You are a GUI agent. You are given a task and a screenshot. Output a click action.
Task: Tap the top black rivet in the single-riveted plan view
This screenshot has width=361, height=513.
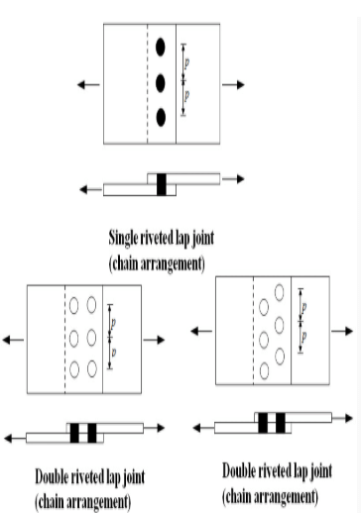[161, 48]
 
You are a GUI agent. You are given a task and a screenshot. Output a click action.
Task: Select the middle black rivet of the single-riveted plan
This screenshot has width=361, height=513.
[161, 83]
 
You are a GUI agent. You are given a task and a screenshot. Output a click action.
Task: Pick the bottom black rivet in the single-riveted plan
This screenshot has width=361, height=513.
[161, 118]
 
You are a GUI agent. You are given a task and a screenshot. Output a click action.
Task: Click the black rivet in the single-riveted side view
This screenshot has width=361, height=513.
[162, 184]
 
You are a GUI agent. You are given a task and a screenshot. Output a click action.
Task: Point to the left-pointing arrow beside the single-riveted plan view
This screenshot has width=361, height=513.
[88, 85]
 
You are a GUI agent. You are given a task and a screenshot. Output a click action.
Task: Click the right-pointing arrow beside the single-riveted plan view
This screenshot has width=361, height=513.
[233, 85]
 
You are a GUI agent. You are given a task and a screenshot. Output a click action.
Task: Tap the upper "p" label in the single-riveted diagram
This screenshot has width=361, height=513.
[186, 62]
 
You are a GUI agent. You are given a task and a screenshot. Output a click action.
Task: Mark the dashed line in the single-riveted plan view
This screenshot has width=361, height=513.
[148, 83]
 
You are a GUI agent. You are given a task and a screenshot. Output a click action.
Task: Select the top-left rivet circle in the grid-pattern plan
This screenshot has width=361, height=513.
[74, 305]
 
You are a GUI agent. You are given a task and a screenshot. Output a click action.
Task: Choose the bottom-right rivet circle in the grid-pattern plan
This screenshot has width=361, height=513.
[92, 368]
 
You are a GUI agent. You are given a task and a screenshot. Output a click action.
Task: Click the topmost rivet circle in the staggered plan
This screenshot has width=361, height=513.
[279, 292]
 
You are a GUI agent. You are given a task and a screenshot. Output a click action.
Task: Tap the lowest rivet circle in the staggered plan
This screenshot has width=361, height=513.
[264, 371]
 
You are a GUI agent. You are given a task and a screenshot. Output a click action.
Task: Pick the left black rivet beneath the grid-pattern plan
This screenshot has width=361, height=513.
[74, 433]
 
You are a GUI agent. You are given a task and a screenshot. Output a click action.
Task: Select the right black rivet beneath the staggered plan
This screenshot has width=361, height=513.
[281, 423]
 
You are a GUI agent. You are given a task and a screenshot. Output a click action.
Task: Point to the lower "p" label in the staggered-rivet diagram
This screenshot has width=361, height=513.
[303, 337]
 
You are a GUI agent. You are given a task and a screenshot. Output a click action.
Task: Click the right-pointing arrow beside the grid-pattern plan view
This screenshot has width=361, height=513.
[154, 340]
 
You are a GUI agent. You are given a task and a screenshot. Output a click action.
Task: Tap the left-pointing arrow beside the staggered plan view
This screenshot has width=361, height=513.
[201, 331]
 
